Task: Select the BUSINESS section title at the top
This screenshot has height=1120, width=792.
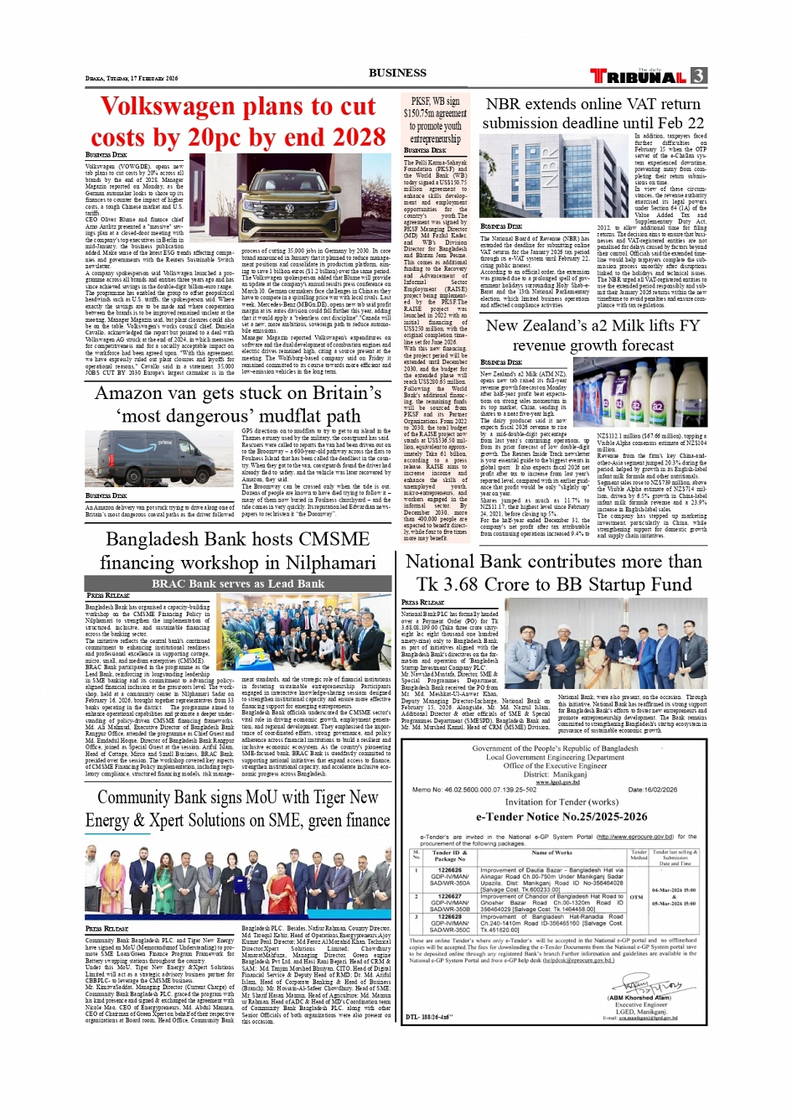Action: (x=397, y=73)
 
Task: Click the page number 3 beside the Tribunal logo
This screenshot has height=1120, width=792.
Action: (x=699, y=75)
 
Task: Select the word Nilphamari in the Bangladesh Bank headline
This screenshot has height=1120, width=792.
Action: (x=321, y=562)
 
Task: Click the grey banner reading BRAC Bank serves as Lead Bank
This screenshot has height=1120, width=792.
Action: (x=237, y=583)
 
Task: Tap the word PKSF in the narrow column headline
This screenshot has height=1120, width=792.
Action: (x=421, y=101)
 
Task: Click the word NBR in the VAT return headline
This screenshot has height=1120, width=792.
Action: (x=503, y=105)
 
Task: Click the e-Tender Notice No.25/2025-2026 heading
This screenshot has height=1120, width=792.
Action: (x=562, y=816)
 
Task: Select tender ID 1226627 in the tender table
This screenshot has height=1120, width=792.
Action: (x=450, y=896)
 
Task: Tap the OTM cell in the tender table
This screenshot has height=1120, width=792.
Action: (x=637, y=896)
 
